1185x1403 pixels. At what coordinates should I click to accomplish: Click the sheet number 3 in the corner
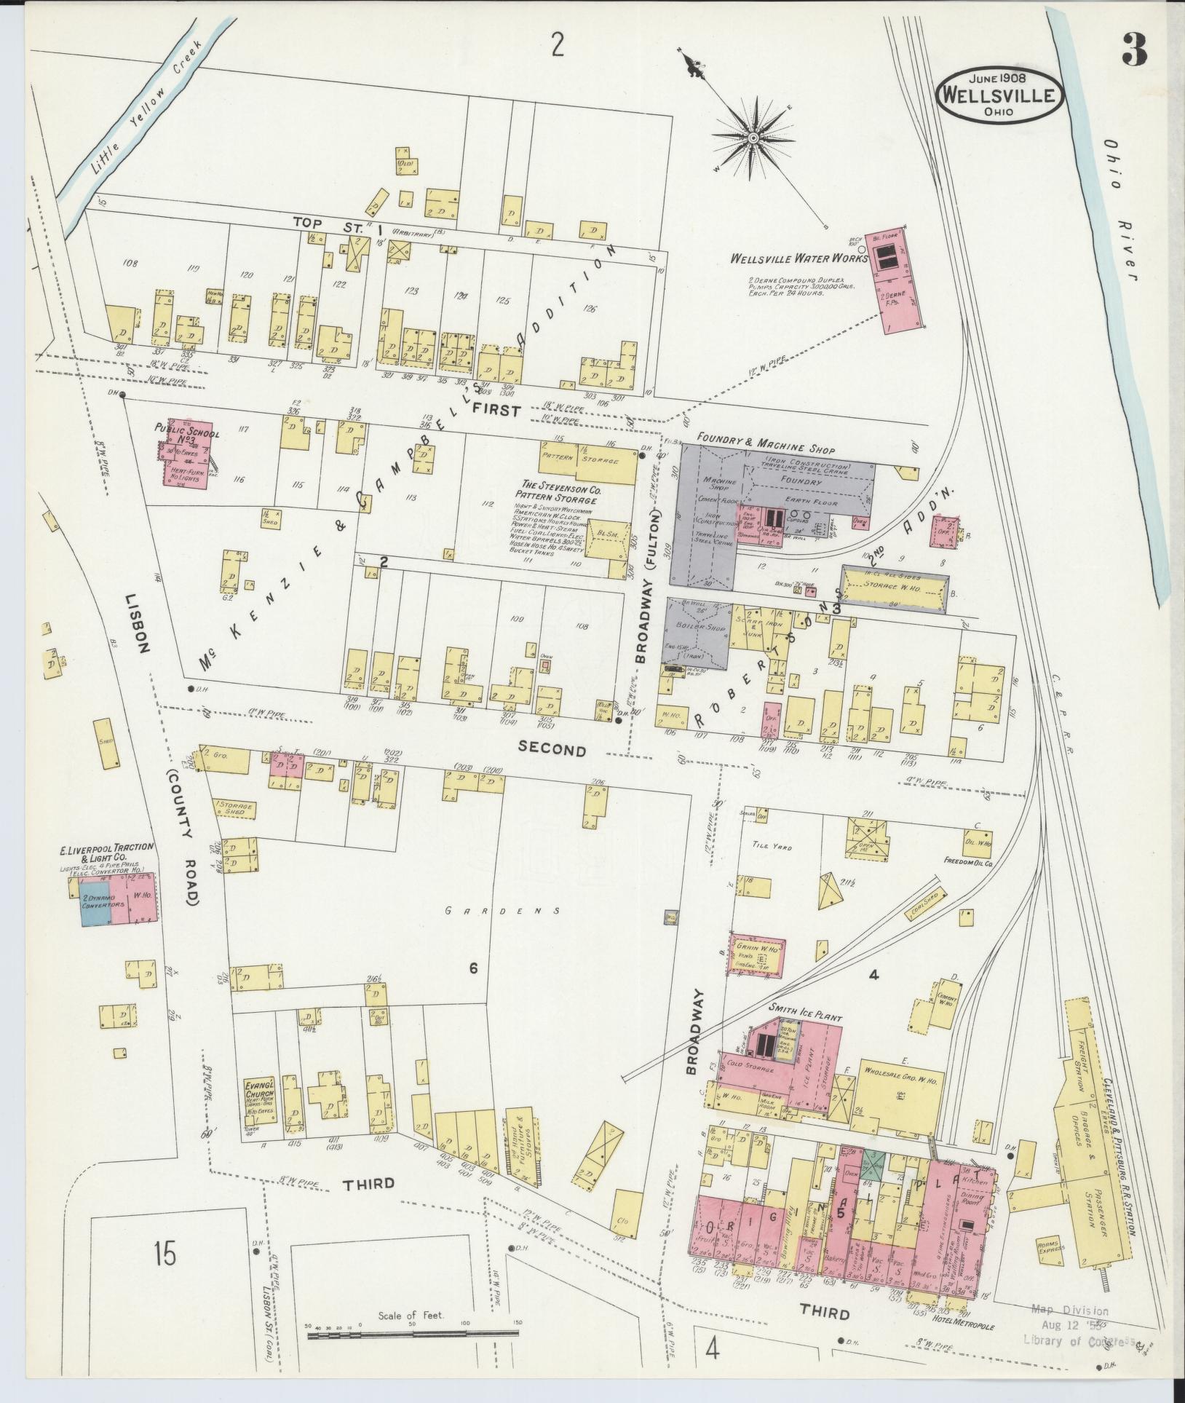(1134, 50)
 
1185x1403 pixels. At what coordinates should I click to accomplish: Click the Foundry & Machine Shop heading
(765, 450)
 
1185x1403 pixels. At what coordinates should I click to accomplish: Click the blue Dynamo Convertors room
(95, 903)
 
